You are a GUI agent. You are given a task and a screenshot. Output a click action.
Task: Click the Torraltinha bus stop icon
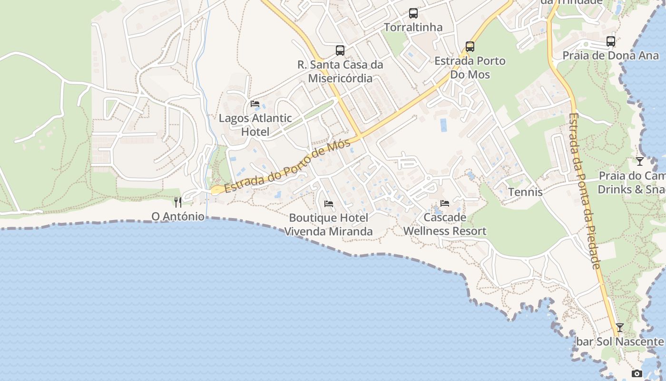pos(413,13)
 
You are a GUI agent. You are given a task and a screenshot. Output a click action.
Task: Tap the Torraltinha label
pos(413,28)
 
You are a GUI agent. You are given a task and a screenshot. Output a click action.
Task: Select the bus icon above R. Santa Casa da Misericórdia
pos(340,50)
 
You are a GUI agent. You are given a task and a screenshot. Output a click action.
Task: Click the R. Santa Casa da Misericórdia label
pos(340,71)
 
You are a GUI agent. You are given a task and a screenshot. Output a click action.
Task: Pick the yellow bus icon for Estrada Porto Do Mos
pos(470,47)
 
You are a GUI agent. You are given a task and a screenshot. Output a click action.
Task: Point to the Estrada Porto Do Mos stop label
pos(470,68)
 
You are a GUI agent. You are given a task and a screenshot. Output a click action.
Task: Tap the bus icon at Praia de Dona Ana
pos(611,41)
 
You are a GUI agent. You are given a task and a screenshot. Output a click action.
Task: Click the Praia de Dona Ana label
pos(611,56)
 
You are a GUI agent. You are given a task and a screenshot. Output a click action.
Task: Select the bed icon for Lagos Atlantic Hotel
pos(255,104)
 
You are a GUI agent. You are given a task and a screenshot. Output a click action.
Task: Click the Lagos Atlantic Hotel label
pos(255,125)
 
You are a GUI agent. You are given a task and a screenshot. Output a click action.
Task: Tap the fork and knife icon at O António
pos(178,202)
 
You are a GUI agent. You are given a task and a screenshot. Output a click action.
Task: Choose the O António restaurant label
pos(178,217)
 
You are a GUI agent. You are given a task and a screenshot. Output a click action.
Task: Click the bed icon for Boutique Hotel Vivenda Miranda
pos(329,204)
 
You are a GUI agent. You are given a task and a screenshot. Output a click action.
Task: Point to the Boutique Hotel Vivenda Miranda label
pos(329,225)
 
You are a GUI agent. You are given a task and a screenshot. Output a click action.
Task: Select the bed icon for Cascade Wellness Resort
pos(445,203)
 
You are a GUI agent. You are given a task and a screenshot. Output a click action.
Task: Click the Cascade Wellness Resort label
pos(445,224)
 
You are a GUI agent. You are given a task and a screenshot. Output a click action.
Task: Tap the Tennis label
pos(525,192)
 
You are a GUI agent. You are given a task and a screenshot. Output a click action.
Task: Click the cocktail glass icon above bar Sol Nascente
pos(619,328)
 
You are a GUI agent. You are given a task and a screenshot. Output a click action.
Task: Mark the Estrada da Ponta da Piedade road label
pos(585,190)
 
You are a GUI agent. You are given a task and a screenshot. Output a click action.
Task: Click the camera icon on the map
pos(637,374)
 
